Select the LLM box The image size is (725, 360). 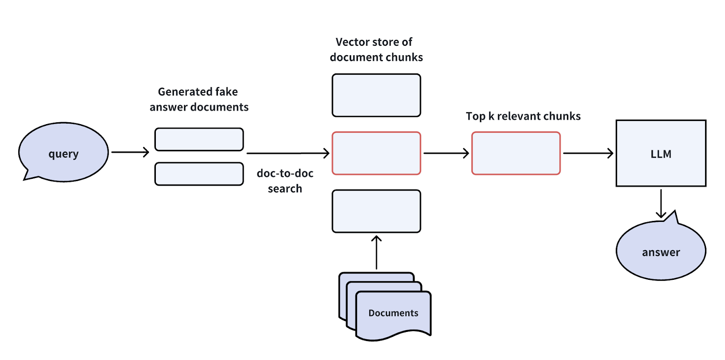[x=661, y=154]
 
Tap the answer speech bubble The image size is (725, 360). [x=661, y=251]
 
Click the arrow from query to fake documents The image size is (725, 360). [x=130, y=152]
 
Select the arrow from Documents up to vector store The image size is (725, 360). [x=376, y=252]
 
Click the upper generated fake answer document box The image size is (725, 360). [x=199, y=139]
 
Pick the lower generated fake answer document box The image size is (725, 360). [x=199, y=174]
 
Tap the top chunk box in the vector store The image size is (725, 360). [x=376, y=96]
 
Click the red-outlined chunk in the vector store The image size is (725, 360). [x=376, y=153]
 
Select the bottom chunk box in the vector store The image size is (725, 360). [x=376, y=211]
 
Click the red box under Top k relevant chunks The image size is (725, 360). [x=516, y=153]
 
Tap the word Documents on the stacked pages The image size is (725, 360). [x=393, y=313]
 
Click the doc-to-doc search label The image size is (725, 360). [x=285, y=181]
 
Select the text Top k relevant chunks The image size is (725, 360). [x=523, y=116]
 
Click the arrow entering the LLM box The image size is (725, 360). [x=588, y=153]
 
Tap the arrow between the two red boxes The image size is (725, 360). [x=446, y=153]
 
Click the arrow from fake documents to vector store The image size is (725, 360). [x=288, y=153]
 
